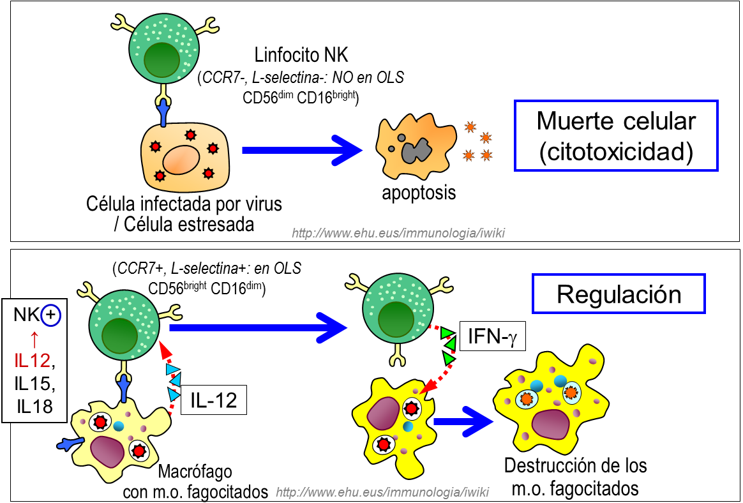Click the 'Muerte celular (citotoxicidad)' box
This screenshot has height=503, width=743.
coord(616,135)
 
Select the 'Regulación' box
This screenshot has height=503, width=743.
coord(619,294)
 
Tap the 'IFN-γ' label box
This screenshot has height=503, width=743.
coord(492,335)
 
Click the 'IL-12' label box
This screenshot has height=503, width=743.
coord(213,400)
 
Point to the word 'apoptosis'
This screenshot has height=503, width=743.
coord(419,192)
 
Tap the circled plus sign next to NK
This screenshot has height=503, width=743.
coord(50,315)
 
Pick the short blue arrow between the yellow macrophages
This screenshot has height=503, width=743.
coord(462,421)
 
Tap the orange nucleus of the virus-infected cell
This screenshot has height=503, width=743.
coord(181,159)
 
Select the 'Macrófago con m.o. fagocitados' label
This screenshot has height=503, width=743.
coord(195,482)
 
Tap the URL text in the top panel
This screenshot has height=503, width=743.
coord(398,233)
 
